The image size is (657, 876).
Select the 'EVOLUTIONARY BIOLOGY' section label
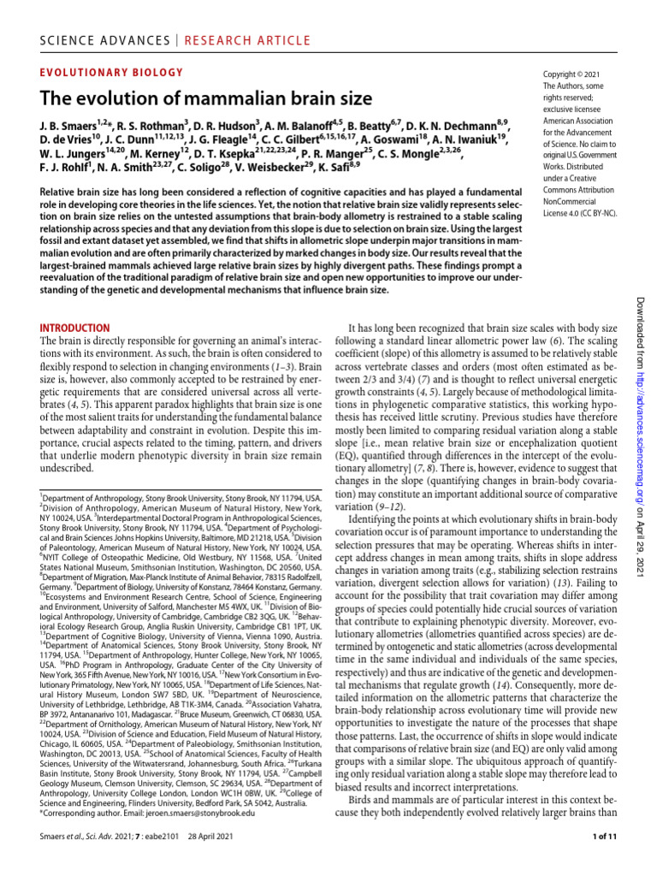tap(111, 73)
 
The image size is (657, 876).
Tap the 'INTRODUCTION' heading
tap(75, 328)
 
